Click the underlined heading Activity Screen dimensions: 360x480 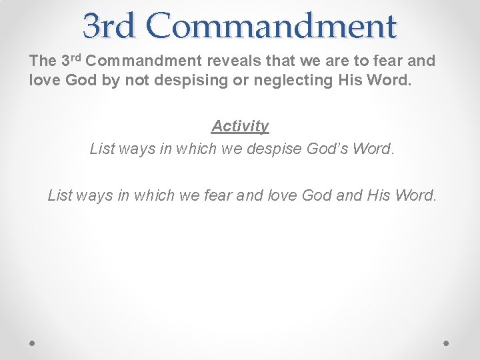pyautogui.click(x=240, y=126)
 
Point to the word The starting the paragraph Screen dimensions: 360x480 pyautogui.click(x=43, y=61)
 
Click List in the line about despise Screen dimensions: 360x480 pyautogui.click(x=103, y=148)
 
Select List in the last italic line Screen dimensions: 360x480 pyautogui.click(x=61, y=195)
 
